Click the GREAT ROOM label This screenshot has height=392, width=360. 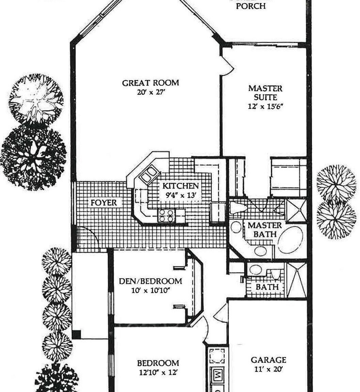point(151,83)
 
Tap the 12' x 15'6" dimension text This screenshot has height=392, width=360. point(266,106)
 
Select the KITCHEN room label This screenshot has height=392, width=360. point(180,186)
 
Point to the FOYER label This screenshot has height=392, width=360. point(104,203)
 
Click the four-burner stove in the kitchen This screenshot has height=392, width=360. point(166,216)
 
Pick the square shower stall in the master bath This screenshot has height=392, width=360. point(296,211)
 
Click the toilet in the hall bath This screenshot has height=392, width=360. point(275,275)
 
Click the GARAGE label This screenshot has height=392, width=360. point(268,360)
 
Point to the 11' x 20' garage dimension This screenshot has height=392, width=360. point(268,369)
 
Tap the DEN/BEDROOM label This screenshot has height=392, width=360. point(150,281)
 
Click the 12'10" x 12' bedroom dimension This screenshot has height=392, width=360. point(158,372)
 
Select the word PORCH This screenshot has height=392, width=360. point(251,6)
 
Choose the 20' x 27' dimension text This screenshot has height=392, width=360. point(151,92)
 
